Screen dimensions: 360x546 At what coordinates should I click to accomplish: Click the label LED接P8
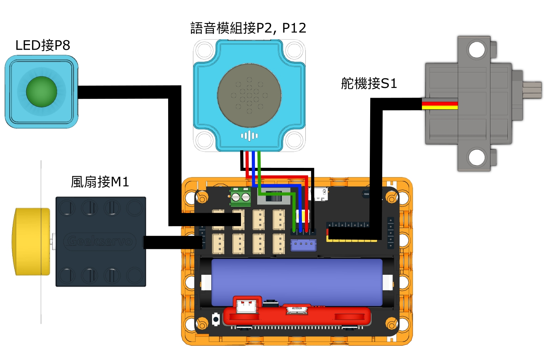[x=42, y=46]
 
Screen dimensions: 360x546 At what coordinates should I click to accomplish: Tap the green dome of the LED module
[x=42, y=91]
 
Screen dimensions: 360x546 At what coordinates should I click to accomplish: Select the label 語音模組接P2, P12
[x=248, y=28]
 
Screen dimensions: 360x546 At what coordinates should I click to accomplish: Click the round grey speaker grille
[x=249, y=95]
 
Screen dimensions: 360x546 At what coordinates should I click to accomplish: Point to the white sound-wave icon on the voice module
[x=249, y=136]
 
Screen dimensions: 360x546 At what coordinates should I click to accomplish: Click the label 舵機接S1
[x=369, y=83]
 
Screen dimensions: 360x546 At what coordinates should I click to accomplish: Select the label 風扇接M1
[x=99, y=182]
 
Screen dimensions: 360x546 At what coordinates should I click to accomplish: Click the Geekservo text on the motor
[x=100, y=242]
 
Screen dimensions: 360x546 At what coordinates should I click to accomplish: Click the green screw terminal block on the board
[x=240, y=197]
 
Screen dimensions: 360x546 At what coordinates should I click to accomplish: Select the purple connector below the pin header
[x=303, y=245]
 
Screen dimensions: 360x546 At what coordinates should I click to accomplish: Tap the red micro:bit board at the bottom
[x=297, y=316]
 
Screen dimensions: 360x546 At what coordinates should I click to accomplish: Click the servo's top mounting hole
[x=477, y=50]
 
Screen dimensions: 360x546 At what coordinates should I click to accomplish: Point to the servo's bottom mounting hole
[x=477, y=157]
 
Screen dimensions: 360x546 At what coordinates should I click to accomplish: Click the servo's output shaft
[x=533, y=90]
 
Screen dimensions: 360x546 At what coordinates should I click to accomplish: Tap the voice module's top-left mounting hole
[x=204, y=51]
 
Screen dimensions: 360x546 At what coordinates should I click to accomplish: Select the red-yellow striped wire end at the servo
[x=440, y=105]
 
